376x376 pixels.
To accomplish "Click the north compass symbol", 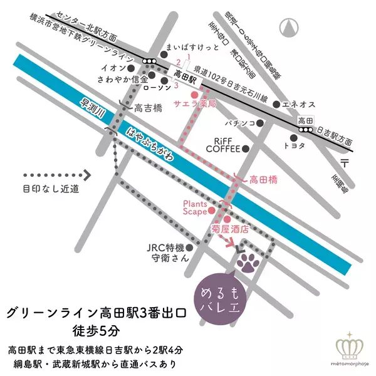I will point(290,28).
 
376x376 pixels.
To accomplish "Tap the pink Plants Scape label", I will point(195,207).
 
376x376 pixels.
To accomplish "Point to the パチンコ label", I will point(242,124).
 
